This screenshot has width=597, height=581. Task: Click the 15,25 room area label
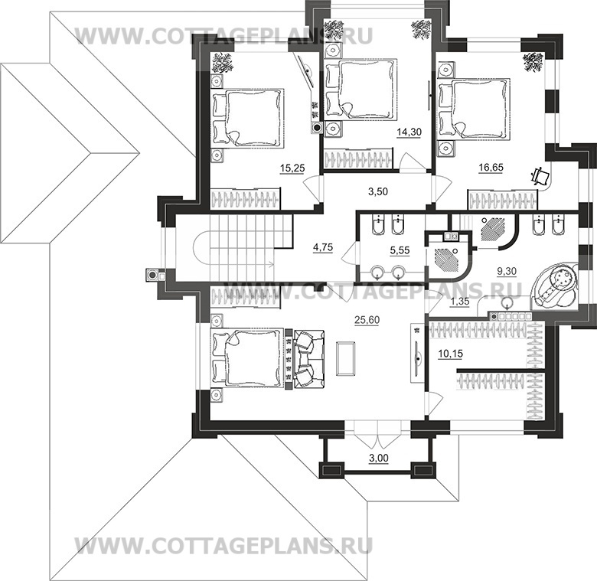coord(292,168)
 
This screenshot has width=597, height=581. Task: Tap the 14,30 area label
coord(409,132)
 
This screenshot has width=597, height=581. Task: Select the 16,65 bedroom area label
coord(491,167)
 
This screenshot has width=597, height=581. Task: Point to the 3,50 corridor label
coord(378,191)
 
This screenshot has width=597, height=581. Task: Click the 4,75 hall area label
coord(323,247)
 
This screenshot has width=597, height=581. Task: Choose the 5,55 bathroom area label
coord(400,250)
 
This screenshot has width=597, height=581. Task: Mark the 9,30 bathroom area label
coord(507,271)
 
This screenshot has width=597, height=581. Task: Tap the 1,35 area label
coord(459,302)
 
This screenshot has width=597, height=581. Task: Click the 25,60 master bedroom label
coord(367,320)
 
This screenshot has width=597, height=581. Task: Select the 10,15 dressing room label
coord(450,354)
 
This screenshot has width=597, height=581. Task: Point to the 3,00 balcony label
coord(379,458)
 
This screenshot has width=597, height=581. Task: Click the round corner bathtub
coord(555,285)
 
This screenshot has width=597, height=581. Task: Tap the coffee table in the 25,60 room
coord(346,358)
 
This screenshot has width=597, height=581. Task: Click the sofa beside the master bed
coord(308,359)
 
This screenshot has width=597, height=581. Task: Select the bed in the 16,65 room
coord(474,109)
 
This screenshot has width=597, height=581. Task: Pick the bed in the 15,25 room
coord(248,118)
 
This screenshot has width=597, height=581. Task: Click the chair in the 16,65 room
coord(540,176)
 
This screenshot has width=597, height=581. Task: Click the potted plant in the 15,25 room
coord(222,63)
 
